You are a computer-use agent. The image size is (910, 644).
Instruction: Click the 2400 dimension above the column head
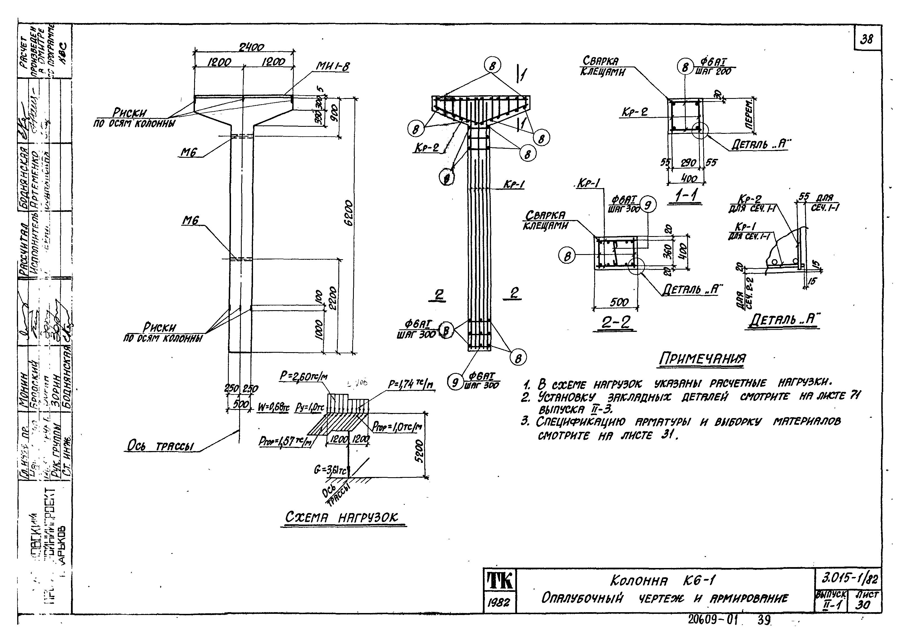click(x=251, y=47)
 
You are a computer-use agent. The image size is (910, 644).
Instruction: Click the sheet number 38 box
click(x=867, y=39)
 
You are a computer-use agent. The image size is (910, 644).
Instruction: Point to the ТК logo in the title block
click(x=499, y=580)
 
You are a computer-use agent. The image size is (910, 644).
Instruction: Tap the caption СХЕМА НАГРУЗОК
click(x=342, y=518)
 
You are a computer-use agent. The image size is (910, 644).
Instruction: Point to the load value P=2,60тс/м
click(x=304, y=376)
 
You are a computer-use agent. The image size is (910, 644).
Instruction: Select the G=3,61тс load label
click(x=330, y=470)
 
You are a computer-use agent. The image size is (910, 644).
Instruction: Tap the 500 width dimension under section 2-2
click(x=619, y=302)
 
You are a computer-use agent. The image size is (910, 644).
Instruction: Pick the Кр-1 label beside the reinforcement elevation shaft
click(x=514, y=185)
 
